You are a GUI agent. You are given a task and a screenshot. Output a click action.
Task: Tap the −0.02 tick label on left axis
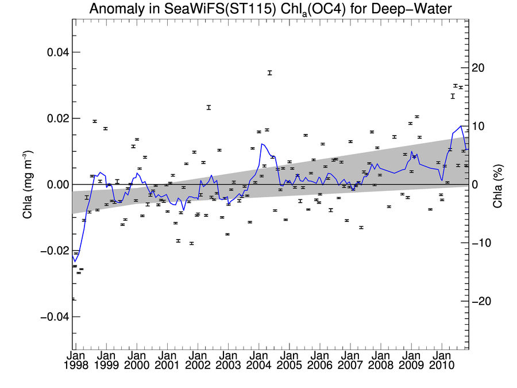pos(55,251)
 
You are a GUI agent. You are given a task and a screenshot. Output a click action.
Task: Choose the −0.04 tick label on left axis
pos(55,317)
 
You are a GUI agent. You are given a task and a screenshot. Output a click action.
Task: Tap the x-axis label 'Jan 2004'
pos(258,360)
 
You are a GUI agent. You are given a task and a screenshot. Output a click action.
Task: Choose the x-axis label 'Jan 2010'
pos(441,360)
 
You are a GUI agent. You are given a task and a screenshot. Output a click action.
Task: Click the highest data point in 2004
pos(269,72)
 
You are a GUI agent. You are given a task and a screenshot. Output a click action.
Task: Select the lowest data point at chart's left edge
pos(74,299)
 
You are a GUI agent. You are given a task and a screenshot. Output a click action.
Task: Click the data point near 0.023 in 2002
pos(209,107)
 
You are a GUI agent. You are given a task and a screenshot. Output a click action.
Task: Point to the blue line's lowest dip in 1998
pos(75,262)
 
